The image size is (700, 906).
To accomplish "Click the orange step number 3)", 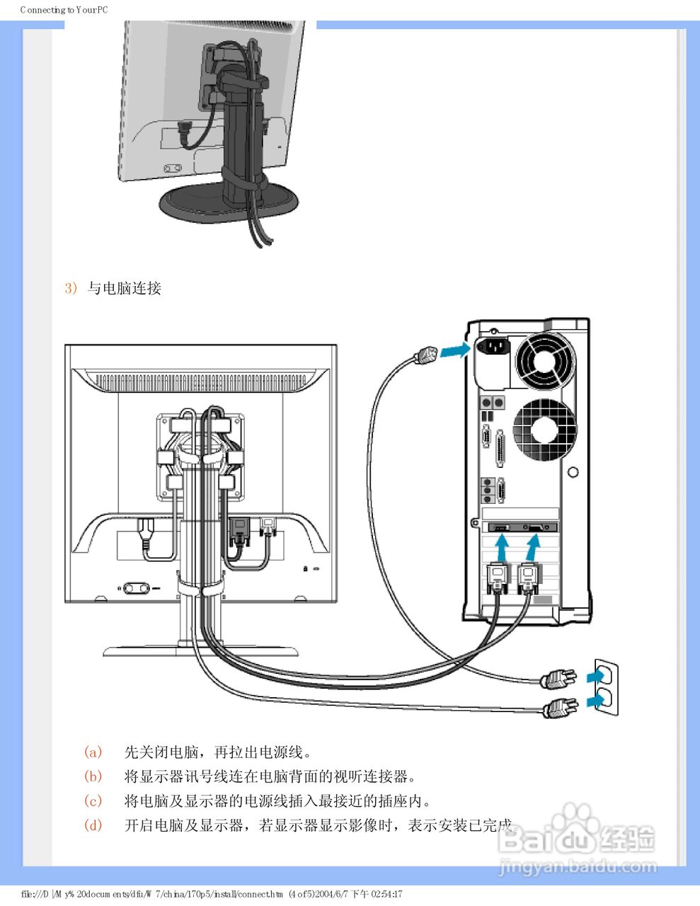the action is point(70,288).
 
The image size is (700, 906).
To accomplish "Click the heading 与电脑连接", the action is point(125,288).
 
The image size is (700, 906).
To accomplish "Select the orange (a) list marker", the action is point(93,752).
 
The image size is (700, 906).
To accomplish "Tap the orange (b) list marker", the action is point(93,776).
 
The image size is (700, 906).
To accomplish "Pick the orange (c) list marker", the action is point(93,801).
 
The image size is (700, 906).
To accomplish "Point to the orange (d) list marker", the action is point(93,825).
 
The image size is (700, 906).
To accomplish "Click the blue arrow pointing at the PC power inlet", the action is point(454,350).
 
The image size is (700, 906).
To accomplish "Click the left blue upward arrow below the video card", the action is point(501,546).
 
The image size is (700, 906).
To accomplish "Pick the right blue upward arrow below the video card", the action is point(532,546).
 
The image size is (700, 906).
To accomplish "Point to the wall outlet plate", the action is point(606,688).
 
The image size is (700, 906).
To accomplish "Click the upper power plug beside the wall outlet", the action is point(558,680).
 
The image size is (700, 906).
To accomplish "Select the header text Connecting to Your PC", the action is point(64,10).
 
